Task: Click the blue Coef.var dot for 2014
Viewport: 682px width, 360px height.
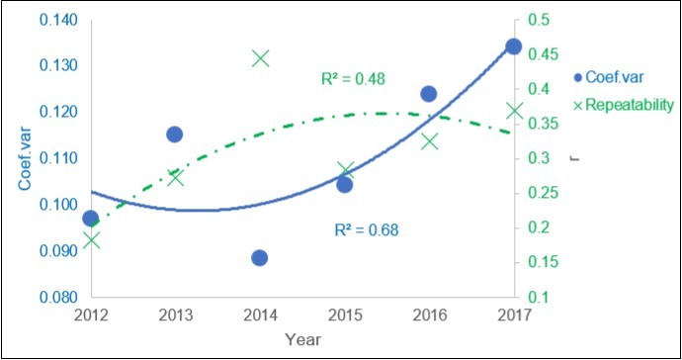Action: [x=260, y=258]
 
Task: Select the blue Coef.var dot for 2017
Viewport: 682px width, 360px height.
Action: [x=513, y=46]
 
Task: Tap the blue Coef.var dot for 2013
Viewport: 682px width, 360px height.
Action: [x=175, y=135]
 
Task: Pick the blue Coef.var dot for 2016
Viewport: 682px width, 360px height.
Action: [x=429, y=94]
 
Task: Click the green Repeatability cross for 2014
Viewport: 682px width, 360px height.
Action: [x=260, y=58]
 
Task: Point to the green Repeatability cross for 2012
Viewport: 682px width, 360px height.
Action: [x=91, y=239]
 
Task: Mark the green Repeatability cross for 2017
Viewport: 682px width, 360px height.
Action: [x=514, y=111]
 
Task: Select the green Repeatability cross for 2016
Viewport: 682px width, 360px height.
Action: [x=429, y=141]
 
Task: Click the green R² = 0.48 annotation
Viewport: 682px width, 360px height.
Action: [x=353, y=78]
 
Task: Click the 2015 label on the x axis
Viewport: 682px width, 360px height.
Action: [x=344, y=315]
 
